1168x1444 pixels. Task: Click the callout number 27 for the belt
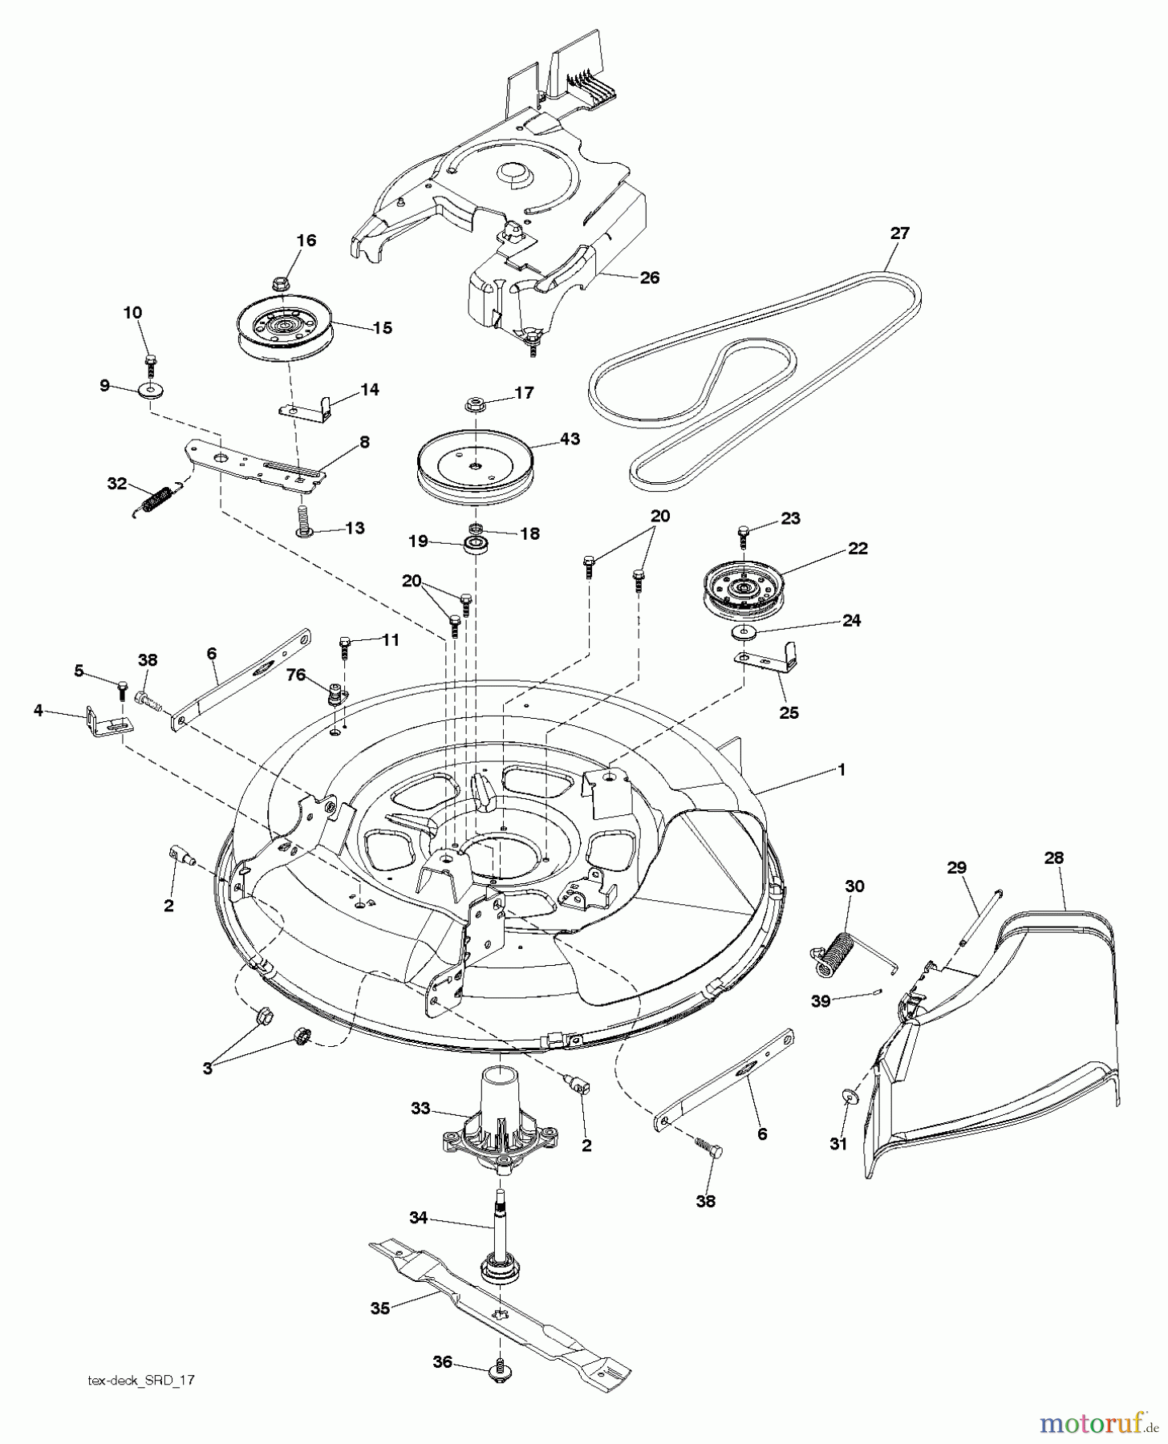[899, 233]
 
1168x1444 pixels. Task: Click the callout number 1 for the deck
[842, 769]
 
